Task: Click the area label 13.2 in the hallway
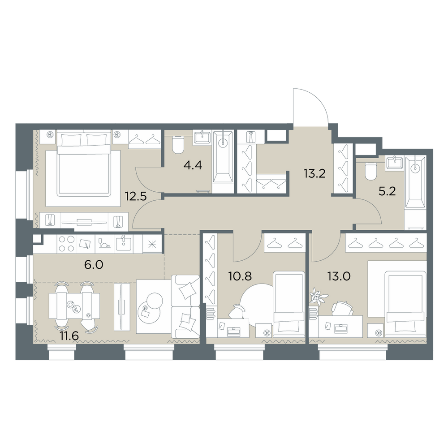click(314, 173)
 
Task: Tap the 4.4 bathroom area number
click(193, 165)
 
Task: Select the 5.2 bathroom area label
click(387, 191)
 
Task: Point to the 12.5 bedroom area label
click(136, 196)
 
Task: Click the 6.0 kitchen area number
click(94, 265)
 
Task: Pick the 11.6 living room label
click(69, 336)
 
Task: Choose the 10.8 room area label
click(240, 276)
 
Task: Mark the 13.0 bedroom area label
click(339, 276)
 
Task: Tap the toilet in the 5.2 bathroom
click(371, 171)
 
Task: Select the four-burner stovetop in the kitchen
click(67, 244)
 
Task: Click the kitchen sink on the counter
click(124, 244)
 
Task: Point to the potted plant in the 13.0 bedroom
click(318, 295)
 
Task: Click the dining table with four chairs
click(74, 306)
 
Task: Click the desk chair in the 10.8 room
click(237, 311)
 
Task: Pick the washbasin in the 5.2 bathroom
click(394, 163)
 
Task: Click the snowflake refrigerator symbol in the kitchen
click(152, 244)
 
